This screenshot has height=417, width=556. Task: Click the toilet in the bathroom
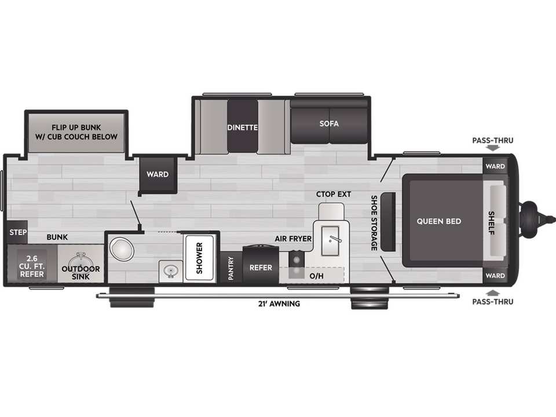click(x=122, y=248)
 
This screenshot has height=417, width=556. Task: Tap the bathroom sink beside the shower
click(x=171, y=271)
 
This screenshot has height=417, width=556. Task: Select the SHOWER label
click(x=199, y=258)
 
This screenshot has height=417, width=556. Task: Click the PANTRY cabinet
click(x=231, y=267)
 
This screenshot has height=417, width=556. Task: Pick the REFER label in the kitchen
click(x=261, y=268)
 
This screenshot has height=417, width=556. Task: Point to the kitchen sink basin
click(x=330, y=241)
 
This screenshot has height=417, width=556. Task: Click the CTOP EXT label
click(x=334, y=195)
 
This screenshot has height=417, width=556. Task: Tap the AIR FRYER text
click(x=293, y=239)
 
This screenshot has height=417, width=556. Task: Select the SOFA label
click(x=329, y=124)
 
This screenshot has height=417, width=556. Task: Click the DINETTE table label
click(x=243, y=127)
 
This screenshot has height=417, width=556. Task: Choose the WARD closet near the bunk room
click(x=158, y=174)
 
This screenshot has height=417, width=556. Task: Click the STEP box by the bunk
click(x=17, y=232)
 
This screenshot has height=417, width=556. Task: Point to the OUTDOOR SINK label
click(x=81, y=273)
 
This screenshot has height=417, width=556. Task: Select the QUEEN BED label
click(x=439, y=221)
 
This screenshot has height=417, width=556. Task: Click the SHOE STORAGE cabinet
click(x=388, y=222)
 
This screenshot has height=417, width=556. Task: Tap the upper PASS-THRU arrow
click(x=492, y=148)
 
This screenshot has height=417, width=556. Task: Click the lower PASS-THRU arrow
click(x=492, y=293)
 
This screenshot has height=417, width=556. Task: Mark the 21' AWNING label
click(x=279, y=304)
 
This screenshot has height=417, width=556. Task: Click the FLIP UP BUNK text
click(x=76, y=127)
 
